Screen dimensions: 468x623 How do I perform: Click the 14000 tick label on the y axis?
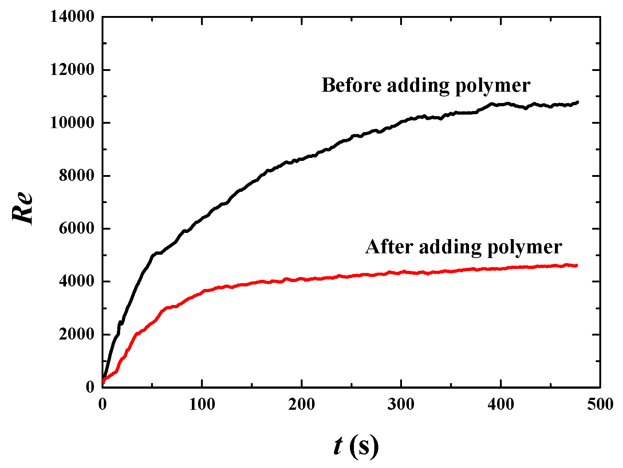pos(72,17)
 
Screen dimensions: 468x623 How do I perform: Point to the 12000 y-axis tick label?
pos(72,70)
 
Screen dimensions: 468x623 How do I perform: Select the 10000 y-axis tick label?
pos(72,123)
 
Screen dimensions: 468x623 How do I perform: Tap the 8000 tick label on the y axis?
pos(76,176)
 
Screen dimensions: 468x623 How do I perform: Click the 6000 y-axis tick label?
pos(76,229)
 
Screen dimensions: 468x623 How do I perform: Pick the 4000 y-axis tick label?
pos(76,282)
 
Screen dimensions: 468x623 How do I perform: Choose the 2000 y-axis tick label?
pos(76,334)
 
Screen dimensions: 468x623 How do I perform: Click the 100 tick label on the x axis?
pos(202,404)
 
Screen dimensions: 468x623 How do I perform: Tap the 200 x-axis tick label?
pos(301,404)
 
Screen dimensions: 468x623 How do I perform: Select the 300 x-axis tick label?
pos(401,404)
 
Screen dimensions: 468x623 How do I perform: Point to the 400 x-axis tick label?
pos(501,404)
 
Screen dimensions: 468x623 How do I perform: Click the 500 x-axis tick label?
pos(600,404)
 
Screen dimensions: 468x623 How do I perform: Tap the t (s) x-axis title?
pos(356,445)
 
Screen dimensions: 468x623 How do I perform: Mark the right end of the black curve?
pos(577,102)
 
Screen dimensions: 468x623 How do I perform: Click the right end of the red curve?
pos(576,265)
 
